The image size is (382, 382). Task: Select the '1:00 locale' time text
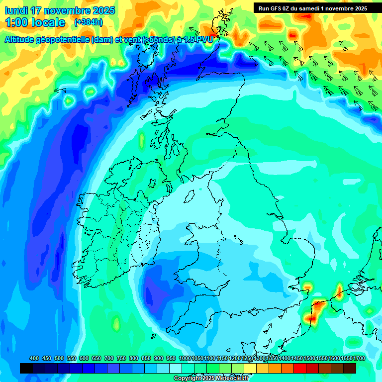point(35,22)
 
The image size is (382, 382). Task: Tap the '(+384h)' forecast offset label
point(88,22)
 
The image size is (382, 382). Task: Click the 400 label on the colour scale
point(34,358)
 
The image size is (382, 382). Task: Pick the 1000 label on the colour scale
point(185,358)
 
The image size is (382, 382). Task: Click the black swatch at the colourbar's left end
point(26,368)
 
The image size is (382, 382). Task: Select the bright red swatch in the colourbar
point(300,368)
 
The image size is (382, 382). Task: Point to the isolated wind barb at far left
point(60,90)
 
